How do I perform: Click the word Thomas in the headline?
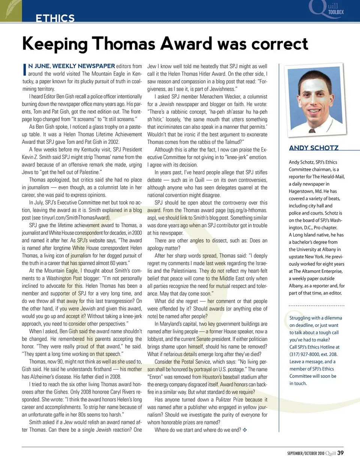(123, 44)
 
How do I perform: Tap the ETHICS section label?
(55, 18)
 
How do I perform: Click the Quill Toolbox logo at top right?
(326, 9)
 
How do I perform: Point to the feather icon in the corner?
(11, 10)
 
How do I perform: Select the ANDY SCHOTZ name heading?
(313, 148)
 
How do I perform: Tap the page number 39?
(340, 453)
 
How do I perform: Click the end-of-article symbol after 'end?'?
(245, 430)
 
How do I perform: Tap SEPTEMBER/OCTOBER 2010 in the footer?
(306, 453)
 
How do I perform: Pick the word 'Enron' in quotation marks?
(156, 377)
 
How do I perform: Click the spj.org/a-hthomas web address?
(244, 210)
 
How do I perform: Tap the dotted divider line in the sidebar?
(316, 306)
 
